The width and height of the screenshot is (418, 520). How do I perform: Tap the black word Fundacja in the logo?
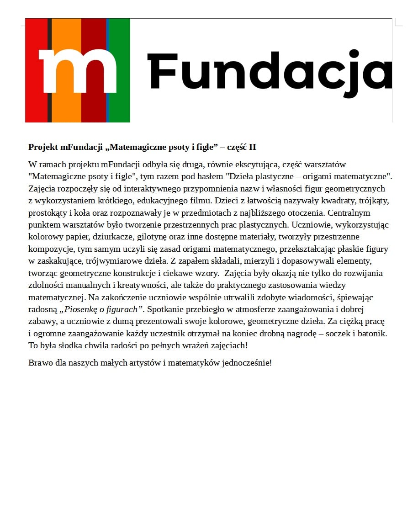(x=270, y=71)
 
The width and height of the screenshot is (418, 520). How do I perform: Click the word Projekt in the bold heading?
(x=43, y=147)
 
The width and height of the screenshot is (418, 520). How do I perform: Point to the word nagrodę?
(x=302, y=334)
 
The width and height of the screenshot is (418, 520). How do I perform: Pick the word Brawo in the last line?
(x=39, y=363)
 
